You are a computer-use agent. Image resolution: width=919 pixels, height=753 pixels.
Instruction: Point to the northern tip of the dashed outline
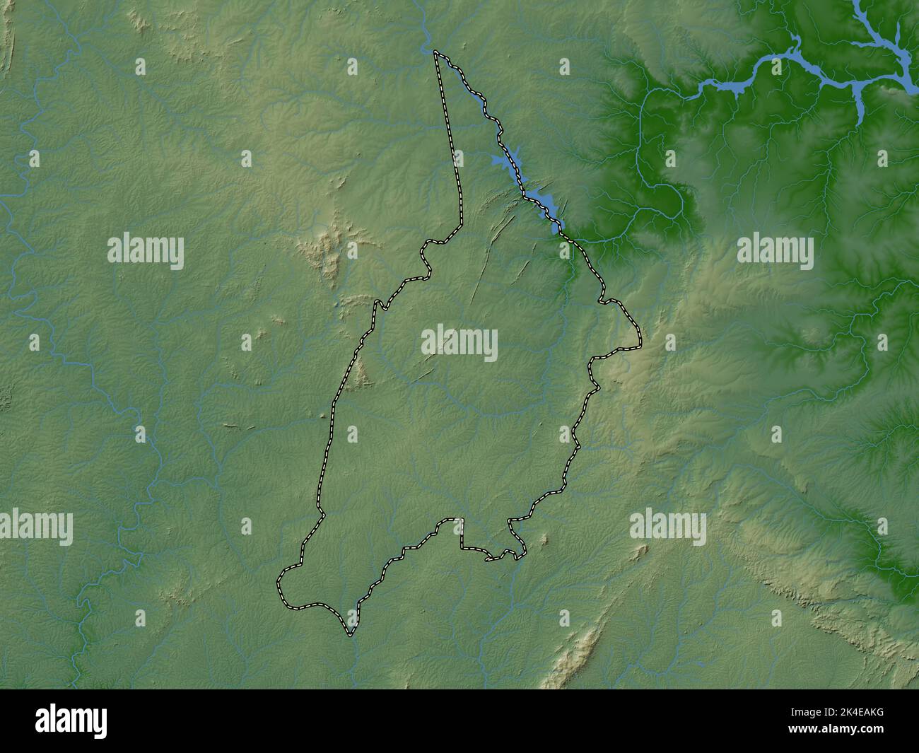pyautogui.click(x=435, y=52)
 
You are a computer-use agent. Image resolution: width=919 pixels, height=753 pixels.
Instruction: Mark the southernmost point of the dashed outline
pyautogui.click(x=350, y=634)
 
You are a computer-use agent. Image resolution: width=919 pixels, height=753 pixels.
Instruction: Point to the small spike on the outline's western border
pyautogui.click(x=378, y=303)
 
